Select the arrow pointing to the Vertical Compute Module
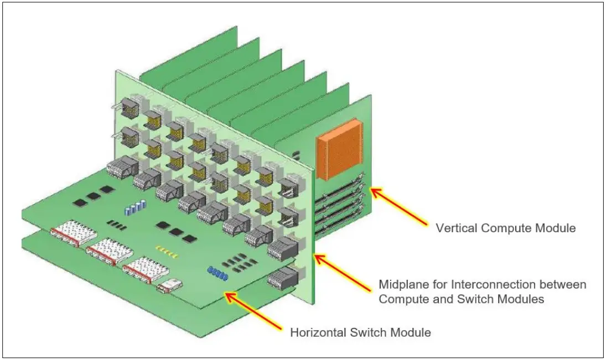pos(398,208)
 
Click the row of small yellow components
pos(168,252)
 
